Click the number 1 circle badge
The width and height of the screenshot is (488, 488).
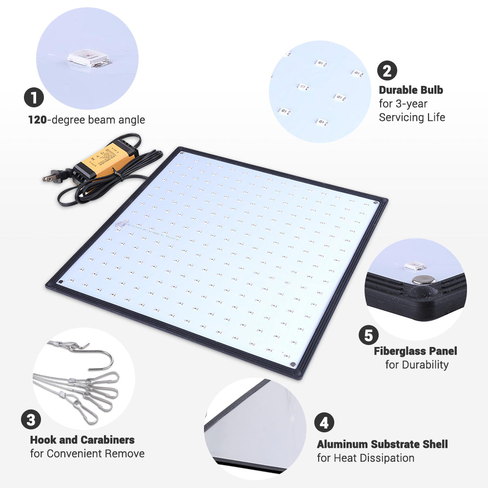pyautogui.click(x=34, y=97)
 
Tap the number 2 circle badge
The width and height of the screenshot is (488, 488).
pyautogui.click(x=387, y=71)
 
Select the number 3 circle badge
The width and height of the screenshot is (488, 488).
pyautogui.click(x=31, y=420)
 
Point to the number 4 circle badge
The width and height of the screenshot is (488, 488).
pyautogui.click(x=324, y=423)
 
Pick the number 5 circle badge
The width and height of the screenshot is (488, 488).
pyautogui.click(x=368, y=335)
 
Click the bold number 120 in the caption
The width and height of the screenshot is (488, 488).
pyautogui.click(x=37, y=120)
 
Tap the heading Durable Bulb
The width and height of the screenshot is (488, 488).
pyautogui.click(x=411, y=90)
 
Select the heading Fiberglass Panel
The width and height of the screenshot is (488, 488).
pyautogui.click(x=416, y=351)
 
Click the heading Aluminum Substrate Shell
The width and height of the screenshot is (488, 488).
pyautogui.click(x=382, y=444)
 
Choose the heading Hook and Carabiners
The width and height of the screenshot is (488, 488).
pyautogui.click(x=82, y=440)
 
